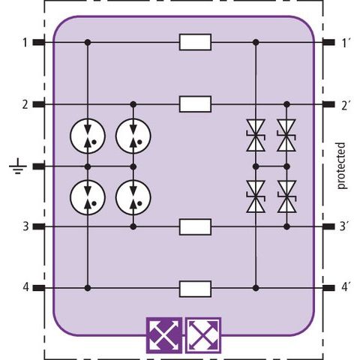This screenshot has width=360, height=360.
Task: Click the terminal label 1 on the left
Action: [25, 43]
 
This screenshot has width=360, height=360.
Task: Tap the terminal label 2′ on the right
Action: [346, 105]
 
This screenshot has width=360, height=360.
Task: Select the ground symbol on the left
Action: [18, 166]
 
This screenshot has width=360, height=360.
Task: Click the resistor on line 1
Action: [195, 42]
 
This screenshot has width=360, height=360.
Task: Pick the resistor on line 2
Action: [195, 104]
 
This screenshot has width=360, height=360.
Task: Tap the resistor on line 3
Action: [195, 226]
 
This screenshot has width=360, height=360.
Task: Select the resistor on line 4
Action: [195, 289]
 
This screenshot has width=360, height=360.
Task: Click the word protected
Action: [340, 166]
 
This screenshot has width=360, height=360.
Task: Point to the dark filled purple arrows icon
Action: [164, 335]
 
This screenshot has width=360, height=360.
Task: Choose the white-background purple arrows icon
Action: [203, 335]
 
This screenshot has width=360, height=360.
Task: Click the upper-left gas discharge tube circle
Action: [88, 136]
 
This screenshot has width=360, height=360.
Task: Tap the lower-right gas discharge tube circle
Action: [133, 197]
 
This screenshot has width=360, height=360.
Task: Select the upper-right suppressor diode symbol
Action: [286, 135]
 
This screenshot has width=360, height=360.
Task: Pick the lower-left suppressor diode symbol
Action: [256, 196]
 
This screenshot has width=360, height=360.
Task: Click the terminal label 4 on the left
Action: [25, 287]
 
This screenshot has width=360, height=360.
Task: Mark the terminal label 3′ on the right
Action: [345, 226]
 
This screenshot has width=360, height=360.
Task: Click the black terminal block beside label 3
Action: [39, 226]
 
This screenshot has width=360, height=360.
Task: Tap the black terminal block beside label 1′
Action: [328, 42]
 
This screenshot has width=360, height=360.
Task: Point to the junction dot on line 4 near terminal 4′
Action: [256, 288]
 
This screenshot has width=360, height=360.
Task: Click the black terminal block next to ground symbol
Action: [39, 166]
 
